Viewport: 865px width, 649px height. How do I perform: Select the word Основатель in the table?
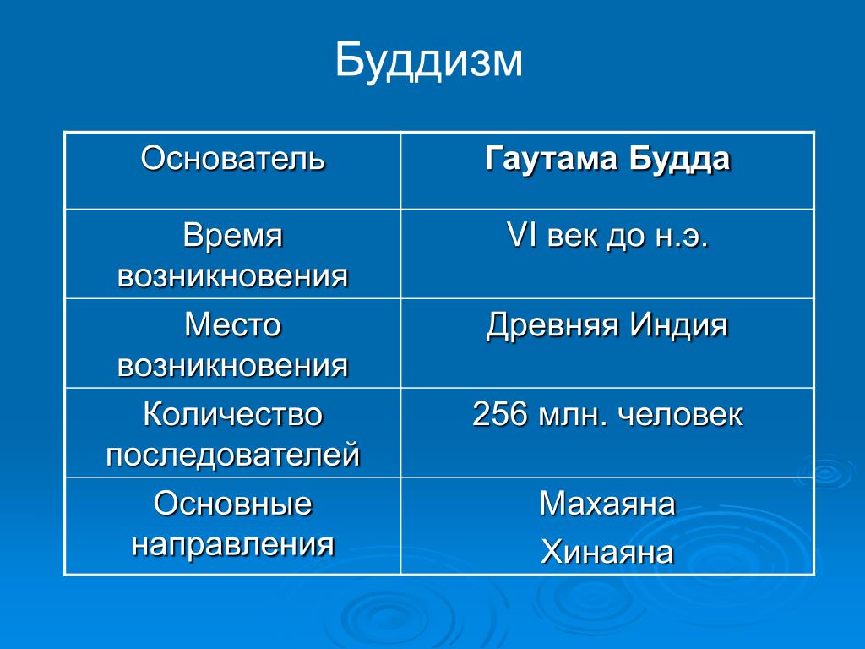[233, 158]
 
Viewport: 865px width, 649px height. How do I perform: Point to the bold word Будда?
[679, 159]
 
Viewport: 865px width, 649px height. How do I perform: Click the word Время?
[233, 237]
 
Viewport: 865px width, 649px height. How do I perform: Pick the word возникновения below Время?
[233, 276]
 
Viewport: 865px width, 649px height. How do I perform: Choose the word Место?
[233, 324]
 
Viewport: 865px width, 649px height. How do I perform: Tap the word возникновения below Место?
[233, 365]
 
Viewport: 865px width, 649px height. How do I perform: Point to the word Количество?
[233, 414]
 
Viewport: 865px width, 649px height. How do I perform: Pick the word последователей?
[233, 455]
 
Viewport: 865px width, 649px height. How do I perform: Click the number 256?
[500, 414]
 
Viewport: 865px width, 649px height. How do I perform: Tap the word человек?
[680, 415]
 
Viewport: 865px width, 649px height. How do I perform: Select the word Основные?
[233, 504]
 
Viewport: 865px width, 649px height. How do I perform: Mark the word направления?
[233, 545]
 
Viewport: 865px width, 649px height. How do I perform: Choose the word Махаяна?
[607, 504]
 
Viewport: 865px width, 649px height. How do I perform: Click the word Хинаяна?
[607, 552]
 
